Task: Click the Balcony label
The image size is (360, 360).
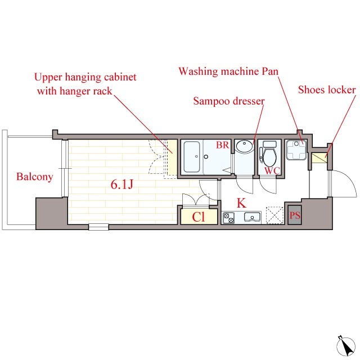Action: coord(35,177)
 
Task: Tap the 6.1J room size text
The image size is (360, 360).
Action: coord(122,184)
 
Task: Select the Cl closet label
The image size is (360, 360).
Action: coord(199,217)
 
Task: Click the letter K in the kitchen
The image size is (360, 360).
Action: coord(241,202)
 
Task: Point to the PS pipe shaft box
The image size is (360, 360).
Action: coord(295,215)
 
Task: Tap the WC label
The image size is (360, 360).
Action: coord(272,170)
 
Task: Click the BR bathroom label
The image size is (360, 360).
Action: coord(223,145)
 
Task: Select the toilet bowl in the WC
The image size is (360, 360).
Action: coord(269,157)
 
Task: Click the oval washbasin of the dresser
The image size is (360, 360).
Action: coord(244,146)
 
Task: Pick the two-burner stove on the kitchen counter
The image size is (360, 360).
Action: coord(229,218)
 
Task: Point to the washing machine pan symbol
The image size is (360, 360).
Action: coord(296,150)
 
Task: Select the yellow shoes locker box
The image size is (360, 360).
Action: coord(319,158)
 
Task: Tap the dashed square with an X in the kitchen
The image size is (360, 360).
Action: coord(274,215)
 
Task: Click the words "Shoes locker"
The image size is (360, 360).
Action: coord(327,90)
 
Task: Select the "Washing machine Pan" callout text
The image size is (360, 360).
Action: coord(228,71)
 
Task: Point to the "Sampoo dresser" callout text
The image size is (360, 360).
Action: coord(229,101)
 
